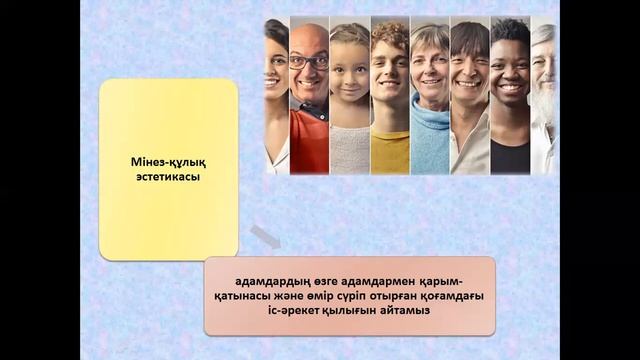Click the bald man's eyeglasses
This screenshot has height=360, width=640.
click(x=308, y=62)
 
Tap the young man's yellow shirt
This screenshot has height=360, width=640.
click(x=389, y=150)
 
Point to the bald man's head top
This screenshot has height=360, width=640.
click(x=308, y=33)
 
